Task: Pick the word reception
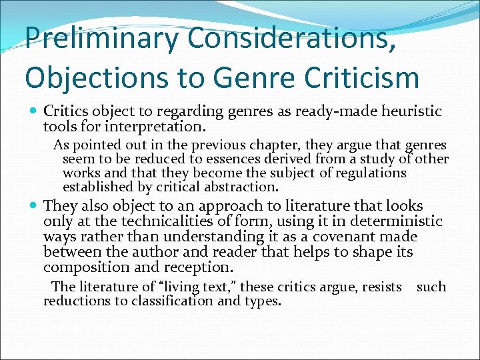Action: (x=199, y=267)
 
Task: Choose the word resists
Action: (x=378, y=287)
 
